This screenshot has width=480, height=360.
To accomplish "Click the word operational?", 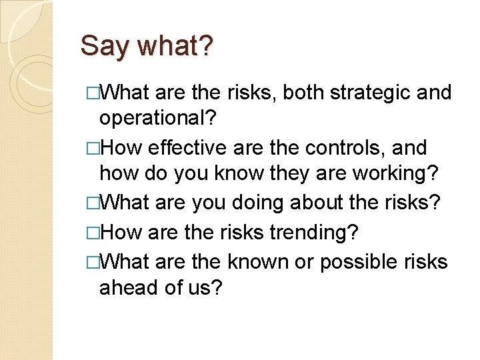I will coord(157,119).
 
